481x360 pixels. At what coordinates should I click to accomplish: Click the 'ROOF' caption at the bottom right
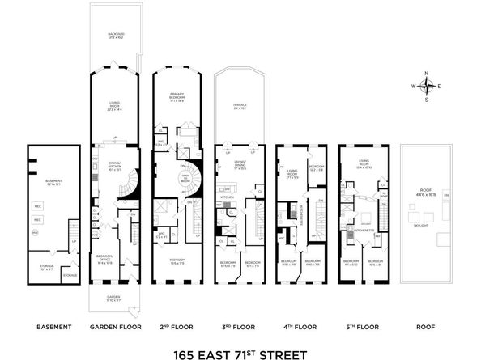tap(426, 327)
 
